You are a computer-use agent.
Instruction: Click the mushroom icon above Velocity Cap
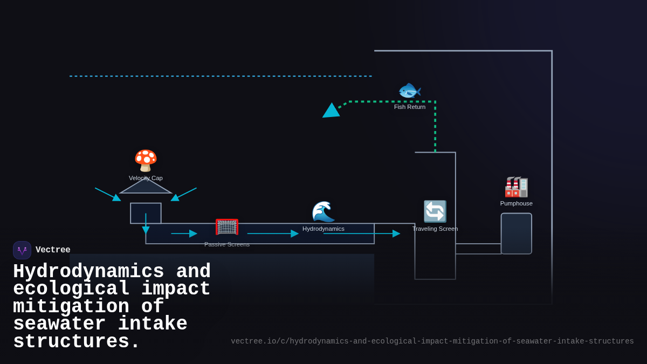point(146,161)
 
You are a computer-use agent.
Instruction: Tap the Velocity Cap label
point(146,178)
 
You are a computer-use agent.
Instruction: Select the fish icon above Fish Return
point(410,91)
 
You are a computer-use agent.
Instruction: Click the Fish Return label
point(410,107)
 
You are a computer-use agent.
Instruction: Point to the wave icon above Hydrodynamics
point(323,211)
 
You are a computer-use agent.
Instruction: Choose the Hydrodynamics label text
point(323,229)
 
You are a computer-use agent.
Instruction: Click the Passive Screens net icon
point(227,227)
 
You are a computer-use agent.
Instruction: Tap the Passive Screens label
point(227,244)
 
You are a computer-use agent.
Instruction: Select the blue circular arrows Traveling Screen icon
point(435,211)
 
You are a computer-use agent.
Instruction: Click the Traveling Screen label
point(435,229)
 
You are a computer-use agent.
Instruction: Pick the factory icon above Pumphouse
point(517,187)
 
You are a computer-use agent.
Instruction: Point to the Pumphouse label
point(517,203)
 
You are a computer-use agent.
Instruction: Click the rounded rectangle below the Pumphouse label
point(517,233)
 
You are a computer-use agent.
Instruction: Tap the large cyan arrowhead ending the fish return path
point(331,111)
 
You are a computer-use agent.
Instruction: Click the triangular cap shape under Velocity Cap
point(146,187)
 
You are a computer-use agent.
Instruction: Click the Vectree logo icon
point(22,250)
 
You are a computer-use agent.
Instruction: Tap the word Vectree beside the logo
point(53,250)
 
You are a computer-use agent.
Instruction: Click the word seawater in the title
point(60,324)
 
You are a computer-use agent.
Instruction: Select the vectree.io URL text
point(432,341)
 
